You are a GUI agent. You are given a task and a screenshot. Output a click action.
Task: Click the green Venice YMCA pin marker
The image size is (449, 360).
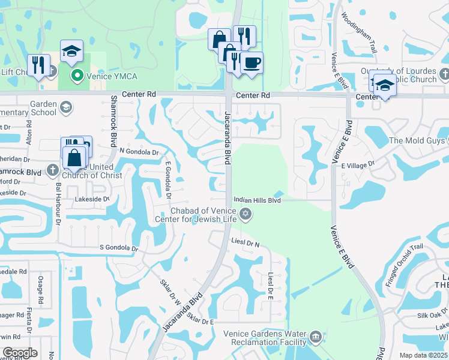(77, 75)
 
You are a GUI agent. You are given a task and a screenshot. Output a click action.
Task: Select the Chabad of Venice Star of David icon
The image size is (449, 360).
(245, 214)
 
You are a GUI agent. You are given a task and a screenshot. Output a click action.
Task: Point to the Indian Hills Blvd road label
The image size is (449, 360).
(258, 200)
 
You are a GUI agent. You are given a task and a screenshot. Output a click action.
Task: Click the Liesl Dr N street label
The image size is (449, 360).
(245, 243)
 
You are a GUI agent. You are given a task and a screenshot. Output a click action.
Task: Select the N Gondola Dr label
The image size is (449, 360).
(139, 152)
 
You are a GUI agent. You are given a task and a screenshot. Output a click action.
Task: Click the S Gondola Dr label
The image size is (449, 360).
(119, 248)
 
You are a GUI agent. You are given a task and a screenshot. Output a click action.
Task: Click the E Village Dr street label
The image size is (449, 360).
(358, 164)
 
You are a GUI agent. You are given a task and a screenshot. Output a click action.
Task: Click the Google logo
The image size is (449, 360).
(20, 353)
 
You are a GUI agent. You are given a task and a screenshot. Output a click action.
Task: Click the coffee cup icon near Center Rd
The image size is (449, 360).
(252, 62)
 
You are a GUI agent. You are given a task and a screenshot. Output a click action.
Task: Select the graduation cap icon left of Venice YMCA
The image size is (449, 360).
(71, 50)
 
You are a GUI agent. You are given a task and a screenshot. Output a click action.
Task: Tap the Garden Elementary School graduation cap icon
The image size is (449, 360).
(66, 108)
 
